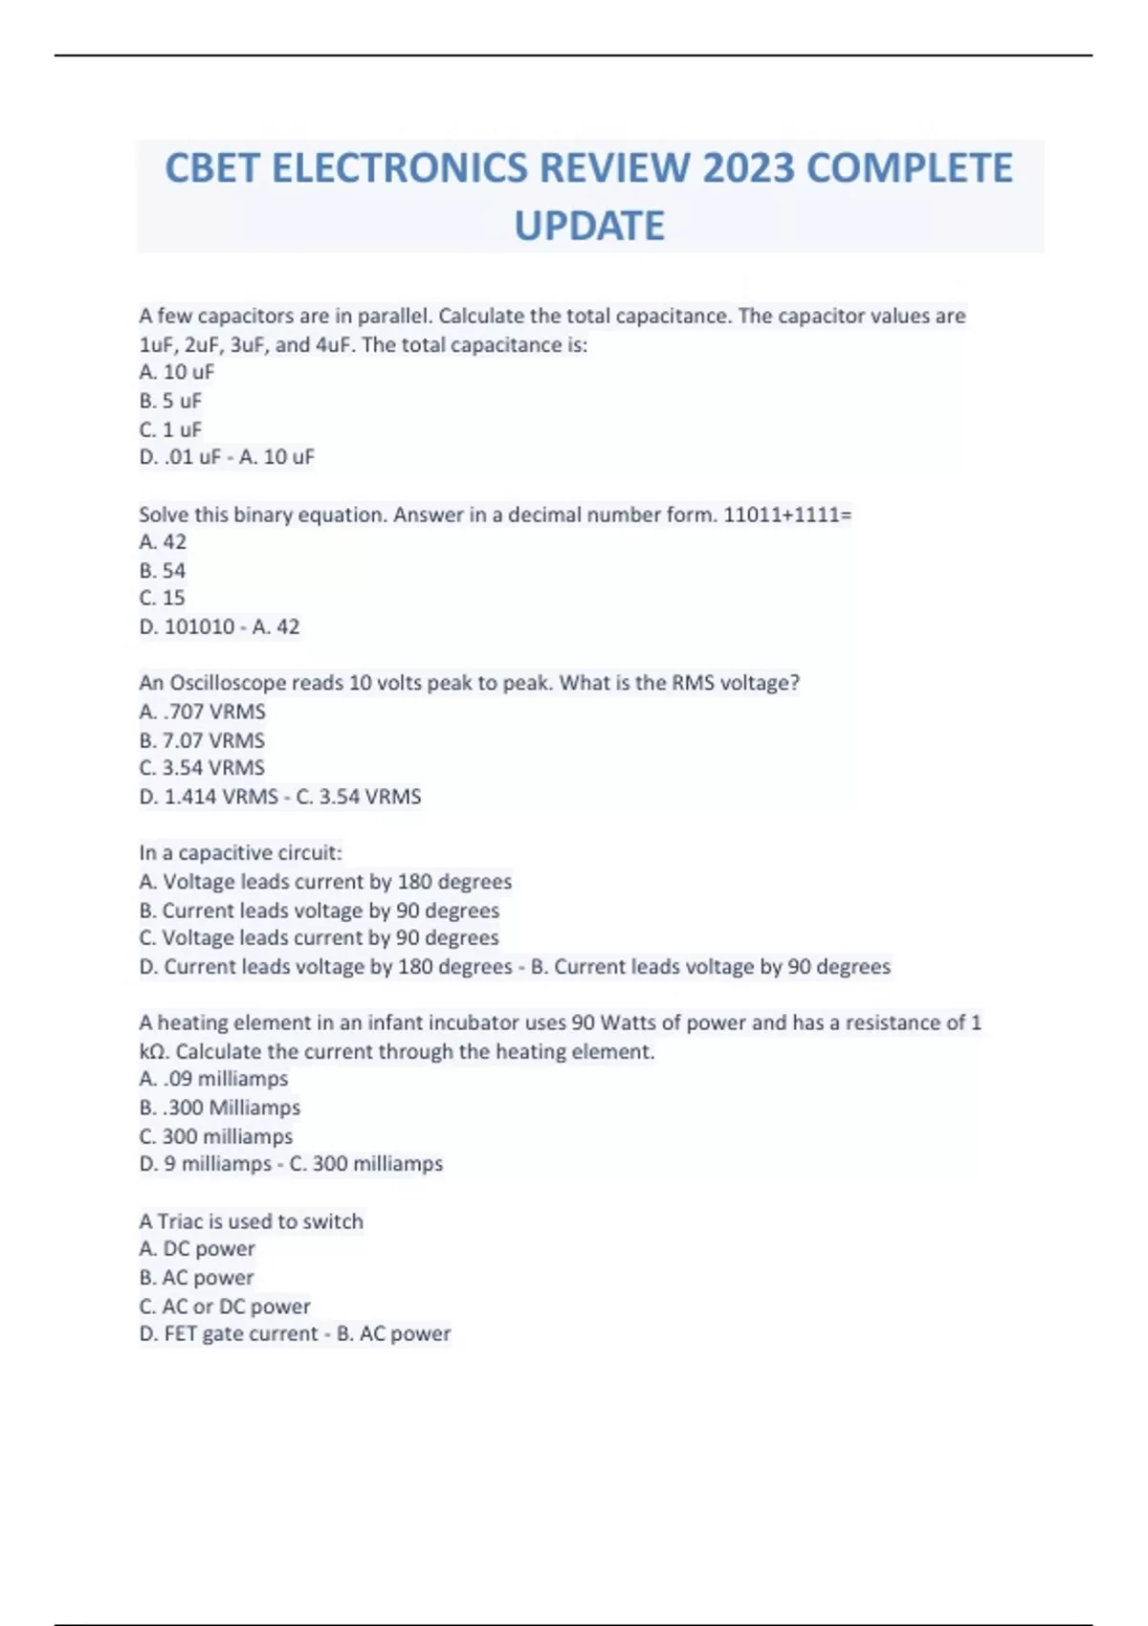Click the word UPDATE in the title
[x=589, y=227]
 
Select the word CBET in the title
[x=211, y=168]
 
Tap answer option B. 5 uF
[x=170, y=401]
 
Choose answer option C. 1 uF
[x=170, y=429]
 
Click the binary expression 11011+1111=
[x=787, y=515]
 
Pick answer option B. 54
[x=163, y=571]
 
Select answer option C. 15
[x=163, y=598]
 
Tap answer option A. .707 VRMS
[x=202, y=712]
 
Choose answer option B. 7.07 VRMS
[x=202, y=740]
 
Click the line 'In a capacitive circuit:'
[x=240, y=852]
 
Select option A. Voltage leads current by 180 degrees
[x=325, y=881]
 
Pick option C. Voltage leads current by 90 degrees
[x=319, y=937]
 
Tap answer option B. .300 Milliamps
[x=220, y=1108]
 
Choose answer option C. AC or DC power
[x=225, y=1306]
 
